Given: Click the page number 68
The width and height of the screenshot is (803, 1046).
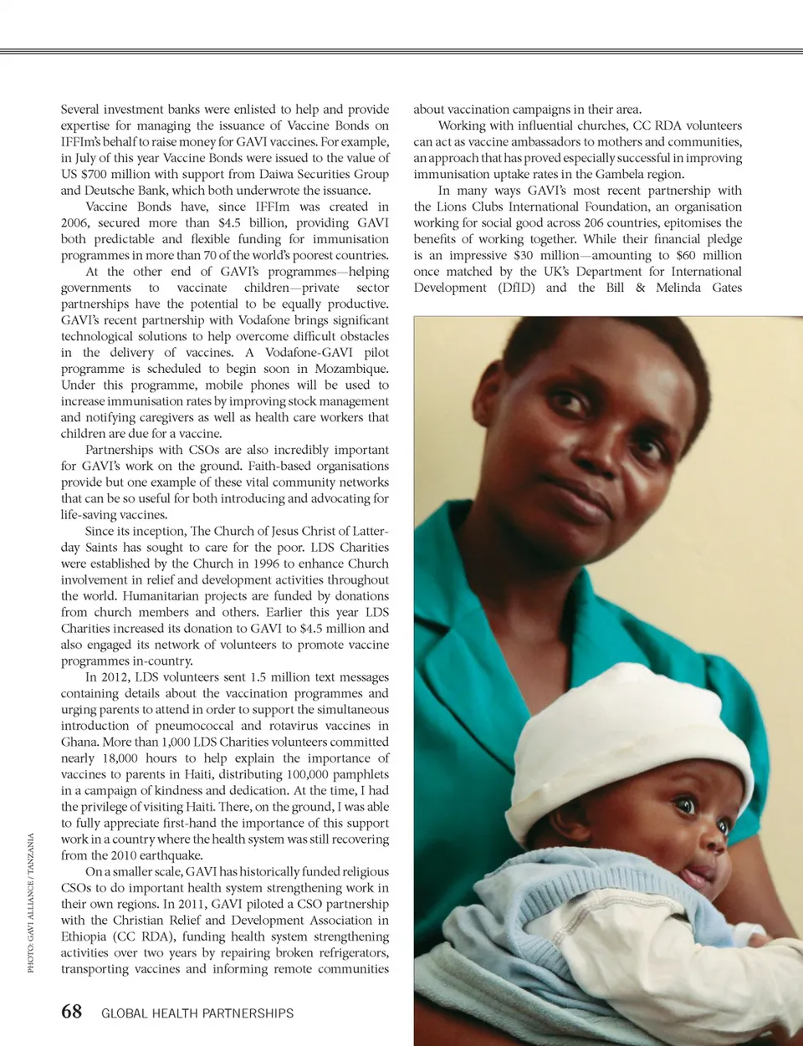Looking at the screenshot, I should pyautogui.click(x=72, y=1012).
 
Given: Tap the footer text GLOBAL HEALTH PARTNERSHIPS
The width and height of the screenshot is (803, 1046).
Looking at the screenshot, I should pyautogui.click(x=197, y=1013).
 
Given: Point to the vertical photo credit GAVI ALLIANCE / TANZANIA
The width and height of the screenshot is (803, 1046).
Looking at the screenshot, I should pyautogui.click(x=31, y=902).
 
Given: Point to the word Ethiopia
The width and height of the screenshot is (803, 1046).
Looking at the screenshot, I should pyautogui.click(x=84, y=936).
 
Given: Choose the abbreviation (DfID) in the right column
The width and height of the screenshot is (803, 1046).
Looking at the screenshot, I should pyautogui.click(x=516, y=288).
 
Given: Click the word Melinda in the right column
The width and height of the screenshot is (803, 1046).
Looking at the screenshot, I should pyautogui.click(x=678, y=288).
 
